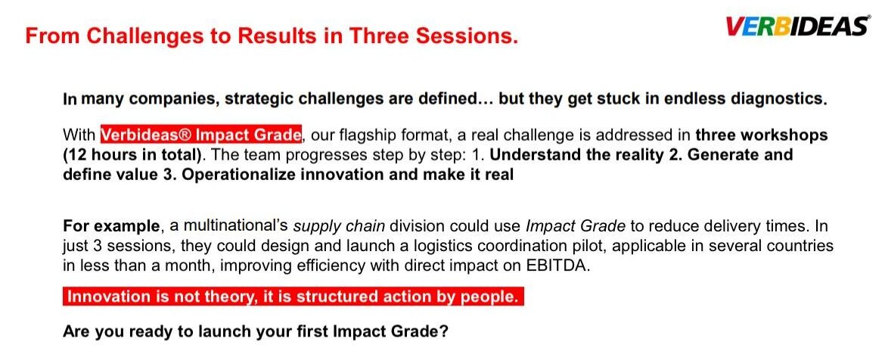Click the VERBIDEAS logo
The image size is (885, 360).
click(797, 26)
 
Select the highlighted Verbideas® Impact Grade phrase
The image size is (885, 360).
click(201, 135)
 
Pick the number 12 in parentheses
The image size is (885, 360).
click(76, 154)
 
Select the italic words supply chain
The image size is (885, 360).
click(339, 227)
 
